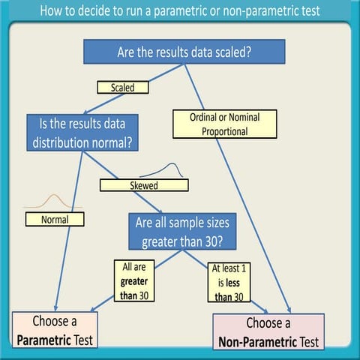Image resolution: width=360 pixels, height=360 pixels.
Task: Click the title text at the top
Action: (x=180, y=11)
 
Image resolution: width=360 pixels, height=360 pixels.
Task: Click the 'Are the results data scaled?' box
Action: (x=184, y=52)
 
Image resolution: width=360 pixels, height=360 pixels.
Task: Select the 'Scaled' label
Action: (x=122, y=87)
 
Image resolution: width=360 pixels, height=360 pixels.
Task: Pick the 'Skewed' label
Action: (x=144, y=184)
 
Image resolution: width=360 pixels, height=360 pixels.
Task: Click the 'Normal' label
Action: (x=55, y=220)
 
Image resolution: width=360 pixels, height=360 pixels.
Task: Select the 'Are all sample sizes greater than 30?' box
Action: (x=184, y=231)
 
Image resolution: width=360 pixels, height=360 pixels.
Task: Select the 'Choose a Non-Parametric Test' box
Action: (x=268, y=332)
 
